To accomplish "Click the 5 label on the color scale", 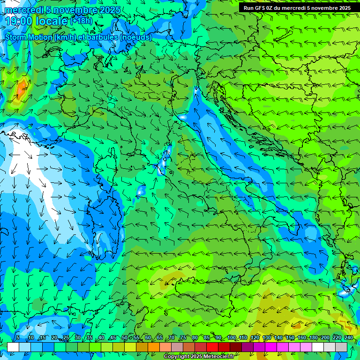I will [x=18, y=337].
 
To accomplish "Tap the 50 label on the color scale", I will [x=124, y=337].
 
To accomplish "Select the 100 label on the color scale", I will [x=232, y=337].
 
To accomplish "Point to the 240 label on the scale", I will [x=349, y=337].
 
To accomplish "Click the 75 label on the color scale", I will [x=183, y=337].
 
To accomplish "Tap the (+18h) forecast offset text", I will [x=81, y=21].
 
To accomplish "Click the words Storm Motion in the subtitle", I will [x=29, y=37].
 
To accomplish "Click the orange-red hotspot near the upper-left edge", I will [x=22, y=87].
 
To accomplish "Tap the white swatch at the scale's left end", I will [x=13, y=347].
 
